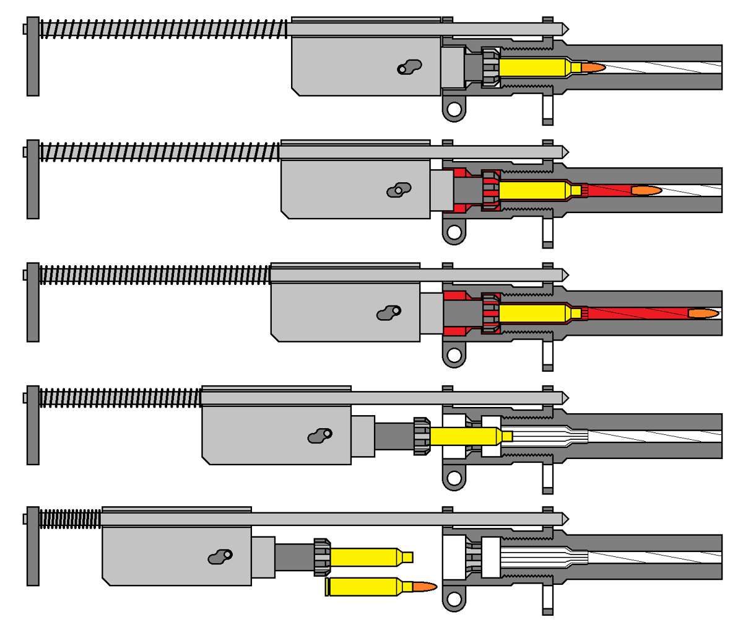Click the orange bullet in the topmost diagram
click(592, 67)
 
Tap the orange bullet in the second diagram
click(645, 190)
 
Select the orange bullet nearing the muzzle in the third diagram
click(703, 313)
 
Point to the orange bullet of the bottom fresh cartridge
click(424, 586)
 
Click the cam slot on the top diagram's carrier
click(409, 66)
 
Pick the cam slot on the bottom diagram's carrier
click(220, 557)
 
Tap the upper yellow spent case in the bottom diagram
click(365, 557)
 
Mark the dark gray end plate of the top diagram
click(33, 56)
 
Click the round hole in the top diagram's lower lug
click(454, 110)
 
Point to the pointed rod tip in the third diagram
click(564, 274)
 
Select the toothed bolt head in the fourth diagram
click(422, 436)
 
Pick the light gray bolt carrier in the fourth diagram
click(276, 434)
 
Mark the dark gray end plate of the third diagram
click(33, 302)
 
